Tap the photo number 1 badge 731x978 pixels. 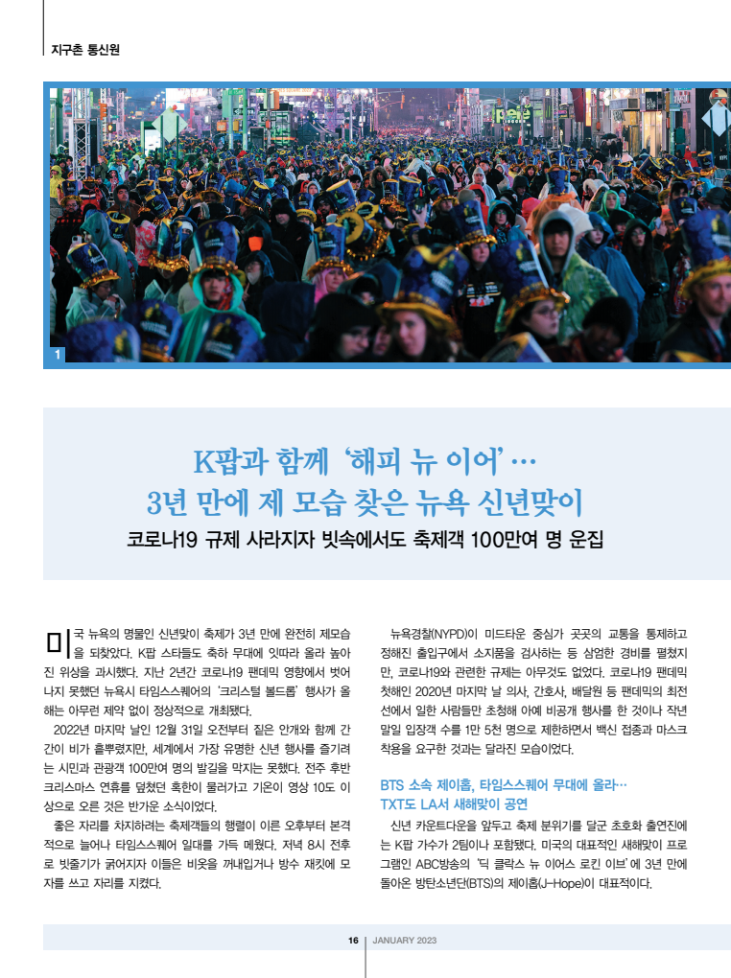point(59,356)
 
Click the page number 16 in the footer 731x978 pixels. point(353,941)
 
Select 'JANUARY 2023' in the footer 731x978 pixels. point(404,941)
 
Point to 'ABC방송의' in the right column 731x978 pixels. point(451,864)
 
